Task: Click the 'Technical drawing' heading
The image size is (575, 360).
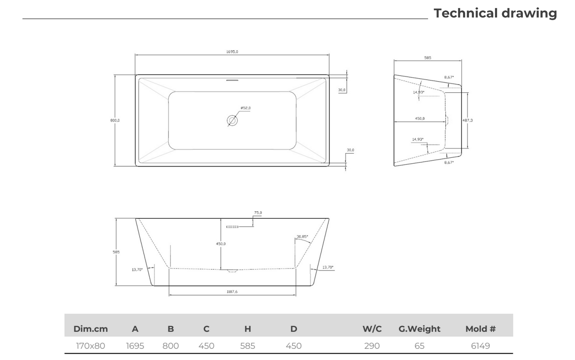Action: (495, 13)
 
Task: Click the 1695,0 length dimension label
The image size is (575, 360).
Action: (232, 52)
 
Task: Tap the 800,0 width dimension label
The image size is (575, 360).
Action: (115, 121)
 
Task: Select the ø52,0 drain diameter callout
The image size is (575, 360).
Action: (246, 108)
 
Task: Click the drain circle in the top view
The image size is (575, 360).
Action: (232, 120)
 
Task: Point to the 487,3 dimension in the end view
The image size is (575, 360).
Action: (468, 120)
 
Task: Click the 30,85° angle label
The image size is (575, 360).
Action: (302, 236)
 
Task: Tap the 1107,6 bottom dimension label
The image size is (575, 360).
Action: (232, 292)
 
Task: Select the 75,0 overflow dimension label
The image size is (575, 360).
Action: (258, 213)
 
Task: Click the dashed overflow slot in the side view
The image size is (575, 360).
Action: (232, 227)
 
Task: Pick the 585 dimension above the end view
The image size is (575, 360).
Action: (428, 58)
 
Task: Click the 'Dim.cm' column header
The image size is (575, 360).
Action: (91, 329)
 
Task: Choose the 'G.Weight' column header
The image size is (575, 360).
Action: (419, 329)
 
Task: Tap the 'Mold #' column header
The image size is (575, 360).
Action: (480, 329)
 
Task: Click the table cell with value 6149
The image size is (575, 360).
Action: (480, 346)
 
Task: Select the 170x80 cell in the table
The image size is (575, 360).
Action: (91, 346)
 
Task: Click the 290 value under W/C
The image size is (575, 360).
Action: (372, 346)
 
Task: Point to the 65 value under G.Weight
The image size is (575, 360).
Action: (419, 346)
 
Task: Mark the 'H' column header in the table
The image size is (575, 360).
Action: (248, 329)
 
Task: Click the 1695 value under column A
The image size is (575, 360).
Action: (135, 346)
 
